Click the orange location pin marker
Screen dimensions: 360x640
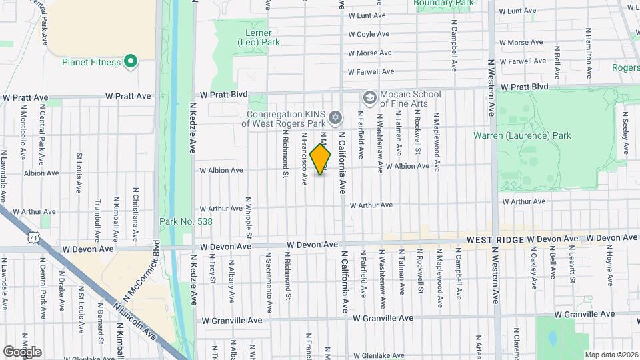coord(321,159)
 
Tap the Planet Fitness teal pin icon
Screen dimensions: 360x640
coord(131,63)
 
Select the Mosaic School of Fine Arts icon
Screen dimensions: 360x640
coord(369,99)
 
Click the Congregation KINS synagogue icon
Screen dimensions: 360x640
coord(336,118)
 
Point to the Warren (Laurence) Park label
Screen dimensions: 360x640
coord(522,135)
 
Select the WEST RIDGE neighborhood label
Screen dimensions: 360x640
coord(495,239)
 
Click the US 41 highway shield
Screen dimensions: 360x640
coord(33,237)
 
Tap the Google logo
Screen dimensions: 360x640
coord(22,351)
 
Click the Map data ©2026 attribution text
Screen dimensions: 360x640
coord(611,354)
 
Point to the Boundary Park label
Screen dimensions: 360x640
coord(443,3)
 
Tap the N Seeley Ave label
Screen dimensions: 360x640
coord(625,135)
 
